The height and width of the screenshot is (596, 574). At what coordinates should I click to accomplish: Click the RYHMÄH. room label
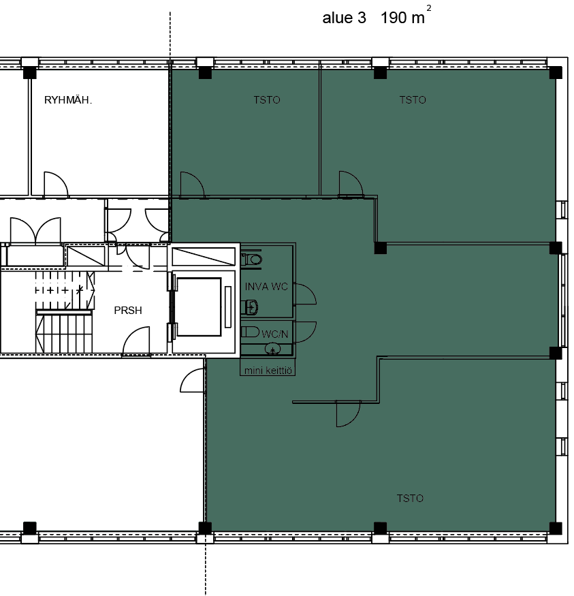[68, 100]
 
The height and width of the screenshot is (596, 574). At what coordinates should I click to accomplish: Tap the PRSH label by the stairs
[128, 311]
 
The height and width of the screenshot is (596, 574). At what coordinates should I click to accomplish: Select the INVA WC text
[266, 287]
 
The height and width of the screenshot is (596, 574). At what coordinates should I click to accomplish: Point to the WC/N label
[274, 334]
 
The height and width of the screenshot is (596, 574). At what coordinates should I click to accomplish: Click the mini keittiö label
[268, 371]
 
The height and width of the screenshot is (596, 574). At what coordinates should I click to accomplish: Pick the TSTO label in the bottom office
[410, 499]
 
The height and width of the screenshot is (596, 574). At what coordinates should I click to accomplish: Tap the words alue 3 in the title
[344, 18]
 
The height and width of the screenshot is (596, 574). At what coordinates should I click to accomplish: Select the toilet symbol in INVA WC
[251, 260]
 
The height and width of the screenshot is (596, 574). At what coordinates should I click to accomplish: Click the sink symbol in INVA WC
[250, 307]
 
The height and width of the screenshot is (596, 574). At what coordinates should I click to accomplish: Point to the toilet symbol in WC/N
[250, 332]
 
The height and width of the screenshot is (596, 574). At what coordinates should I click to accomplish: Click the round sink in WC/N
[272, 348]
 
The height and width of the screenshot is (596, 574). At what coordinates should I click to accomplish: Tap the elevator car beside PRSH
[199, 307]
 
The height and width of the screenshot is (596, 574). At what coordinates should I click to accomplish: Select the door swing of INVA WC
[305, 294]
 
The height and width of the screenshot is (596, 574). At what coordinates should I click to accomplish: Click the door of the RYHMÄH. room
[57, 185]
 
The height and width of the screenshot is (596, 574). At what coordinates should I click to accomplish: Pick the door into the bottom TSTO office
[348, 413]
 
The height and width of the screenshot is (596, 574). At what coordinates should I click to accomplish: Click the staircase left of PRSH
[65, 312]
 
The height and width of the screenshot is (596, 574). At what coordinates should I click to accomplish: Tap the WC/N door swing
[305, 332]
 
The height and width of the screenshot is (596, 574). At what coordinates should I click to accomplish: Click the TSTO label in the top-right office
[413, 100]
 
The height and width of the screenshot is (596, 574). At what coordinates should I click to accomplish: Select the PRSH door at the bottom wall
[136, 341]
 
